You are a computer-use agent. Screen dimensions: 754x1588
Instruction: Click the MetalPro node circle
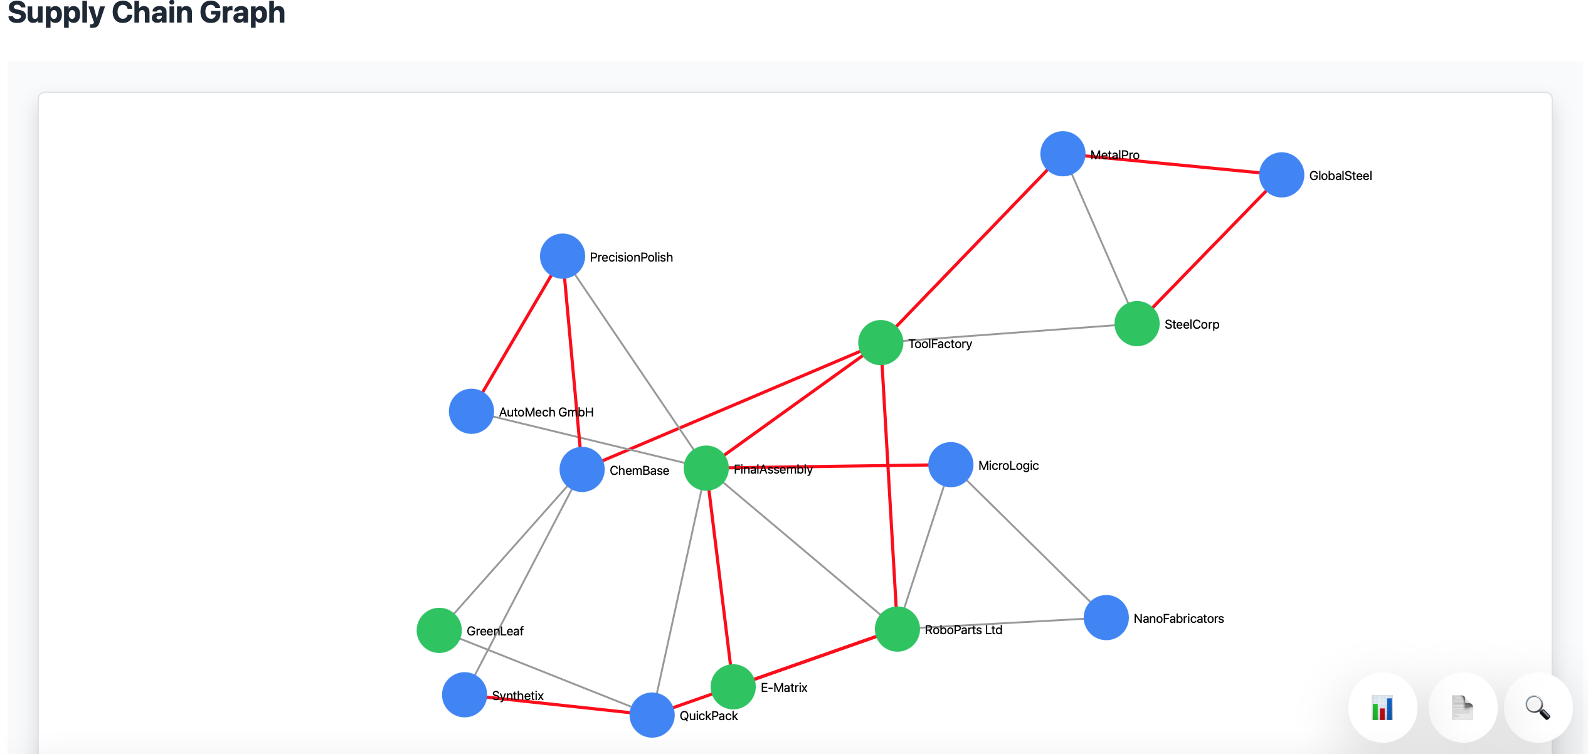coord(1062,154)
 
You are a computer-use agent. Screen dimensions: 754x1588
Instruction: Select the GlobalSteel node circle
coord(1281,175)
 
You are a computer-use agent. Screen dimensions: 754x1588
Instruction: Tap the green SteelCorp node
coord(1136,324)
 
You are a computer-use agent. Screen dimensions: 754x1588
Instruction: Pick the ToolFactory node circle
coord(881,342)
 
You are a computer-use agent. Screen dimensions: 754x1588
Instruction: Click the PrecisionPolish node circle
coord(563,256)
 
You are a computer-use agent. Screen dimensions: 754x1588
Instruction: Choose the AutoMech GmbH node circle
coord(471,412)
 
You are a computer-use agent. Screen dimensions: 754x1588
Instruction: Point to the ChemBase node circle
coord(582,469)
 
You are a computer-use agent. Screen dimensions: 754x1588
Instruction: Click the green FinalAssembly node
coord(706,468)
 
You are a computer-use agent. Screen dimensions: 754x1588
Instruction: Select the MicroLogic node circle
coord(951,465)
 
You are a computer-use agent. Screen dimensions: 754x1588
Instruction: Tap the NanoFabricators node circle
coord(1106,618)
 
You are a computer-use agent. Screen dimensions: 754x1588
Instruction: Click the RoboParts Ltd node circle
coord(897,629)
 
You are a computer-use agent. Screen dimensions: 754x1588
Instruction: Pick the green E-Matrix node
coord(733,687)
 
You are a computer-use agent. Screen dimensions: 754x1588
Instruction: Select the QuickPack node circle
coord(652,715)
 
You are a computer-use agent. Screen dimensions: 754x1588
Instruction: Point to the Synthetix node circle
coord(465,695)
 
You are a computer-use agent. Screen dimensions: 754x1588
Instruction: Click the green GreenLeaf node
coord(439,630)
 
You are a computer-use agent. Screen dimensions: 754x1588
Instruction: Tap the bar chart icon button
coord(1382,708)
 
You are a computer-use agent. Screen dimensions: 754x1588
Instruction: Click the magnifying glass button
coord(1538,708)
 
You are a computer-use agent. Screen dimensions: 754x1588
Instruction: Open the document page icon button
coord(1463,708)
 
